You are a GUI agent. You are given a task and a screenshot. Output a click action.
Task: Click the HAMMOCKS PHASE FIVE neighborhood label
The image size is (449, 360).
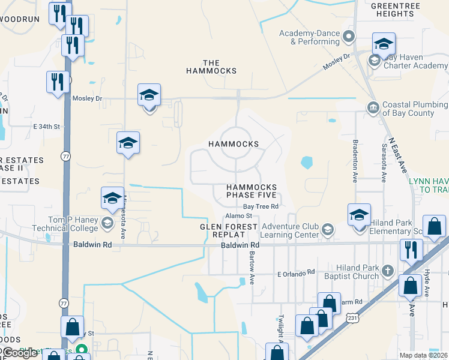[252, 191]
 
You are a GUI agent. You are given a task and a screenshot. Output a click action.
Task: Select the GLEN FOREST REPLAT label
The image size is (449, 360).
[229, 227]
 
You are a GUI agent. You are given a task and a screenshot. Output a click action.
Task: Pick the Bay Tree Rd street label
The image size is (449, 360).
[261, 206]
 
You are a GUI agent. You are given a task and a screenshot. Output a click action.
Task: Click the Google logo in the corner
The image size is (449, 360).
[20, 353]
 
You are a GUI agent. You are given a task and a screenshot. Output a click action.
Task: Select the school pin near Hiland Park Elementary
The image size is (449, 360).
[359, 214]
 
